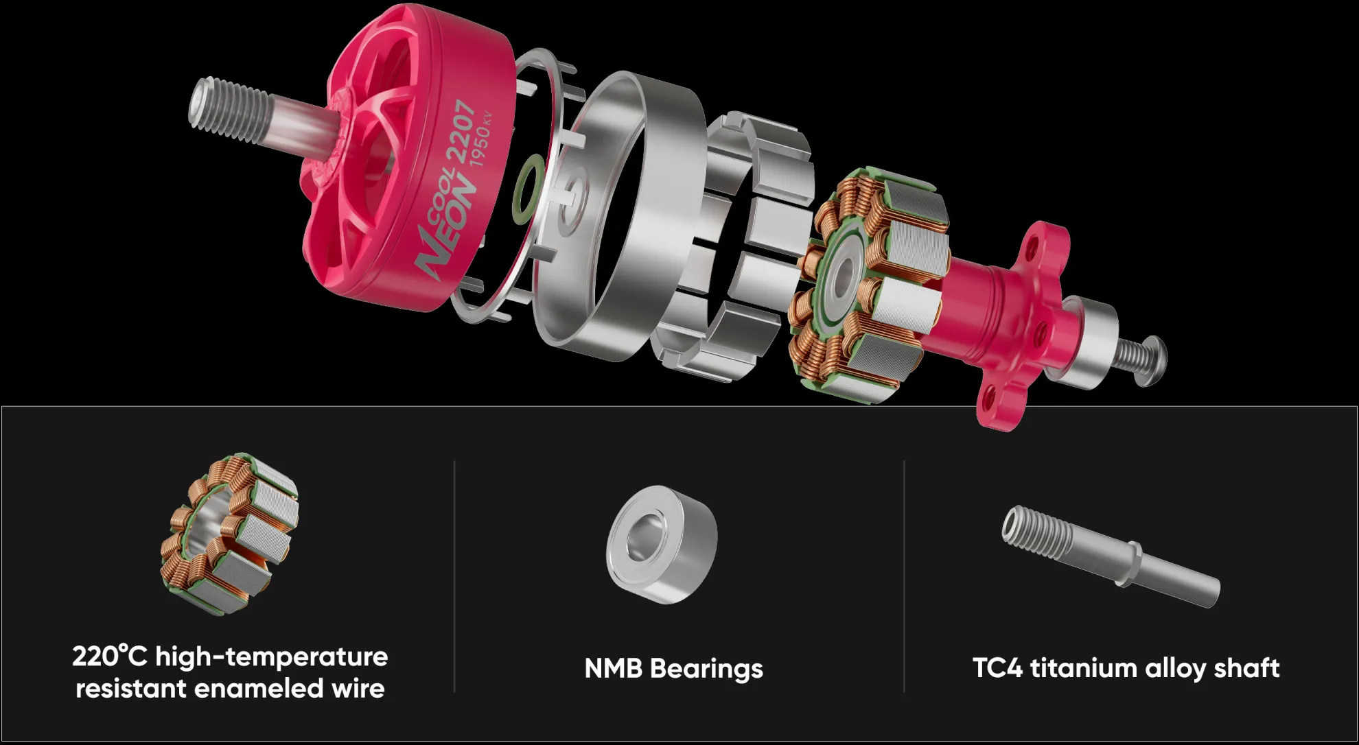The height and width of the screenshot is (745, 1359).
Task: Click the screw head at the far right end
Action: (1153, 359)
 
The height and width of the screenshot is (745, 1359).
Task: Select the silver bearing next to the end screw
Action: (1091, 343)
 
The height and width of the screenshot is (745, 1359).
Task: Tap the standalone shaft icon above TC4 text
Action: (1108, 556)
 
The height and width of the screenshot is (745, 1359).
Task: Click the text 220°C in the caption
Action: (109, 657)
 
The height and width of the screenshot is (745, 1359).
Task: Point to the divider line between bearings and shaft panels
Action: (904, 576)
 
